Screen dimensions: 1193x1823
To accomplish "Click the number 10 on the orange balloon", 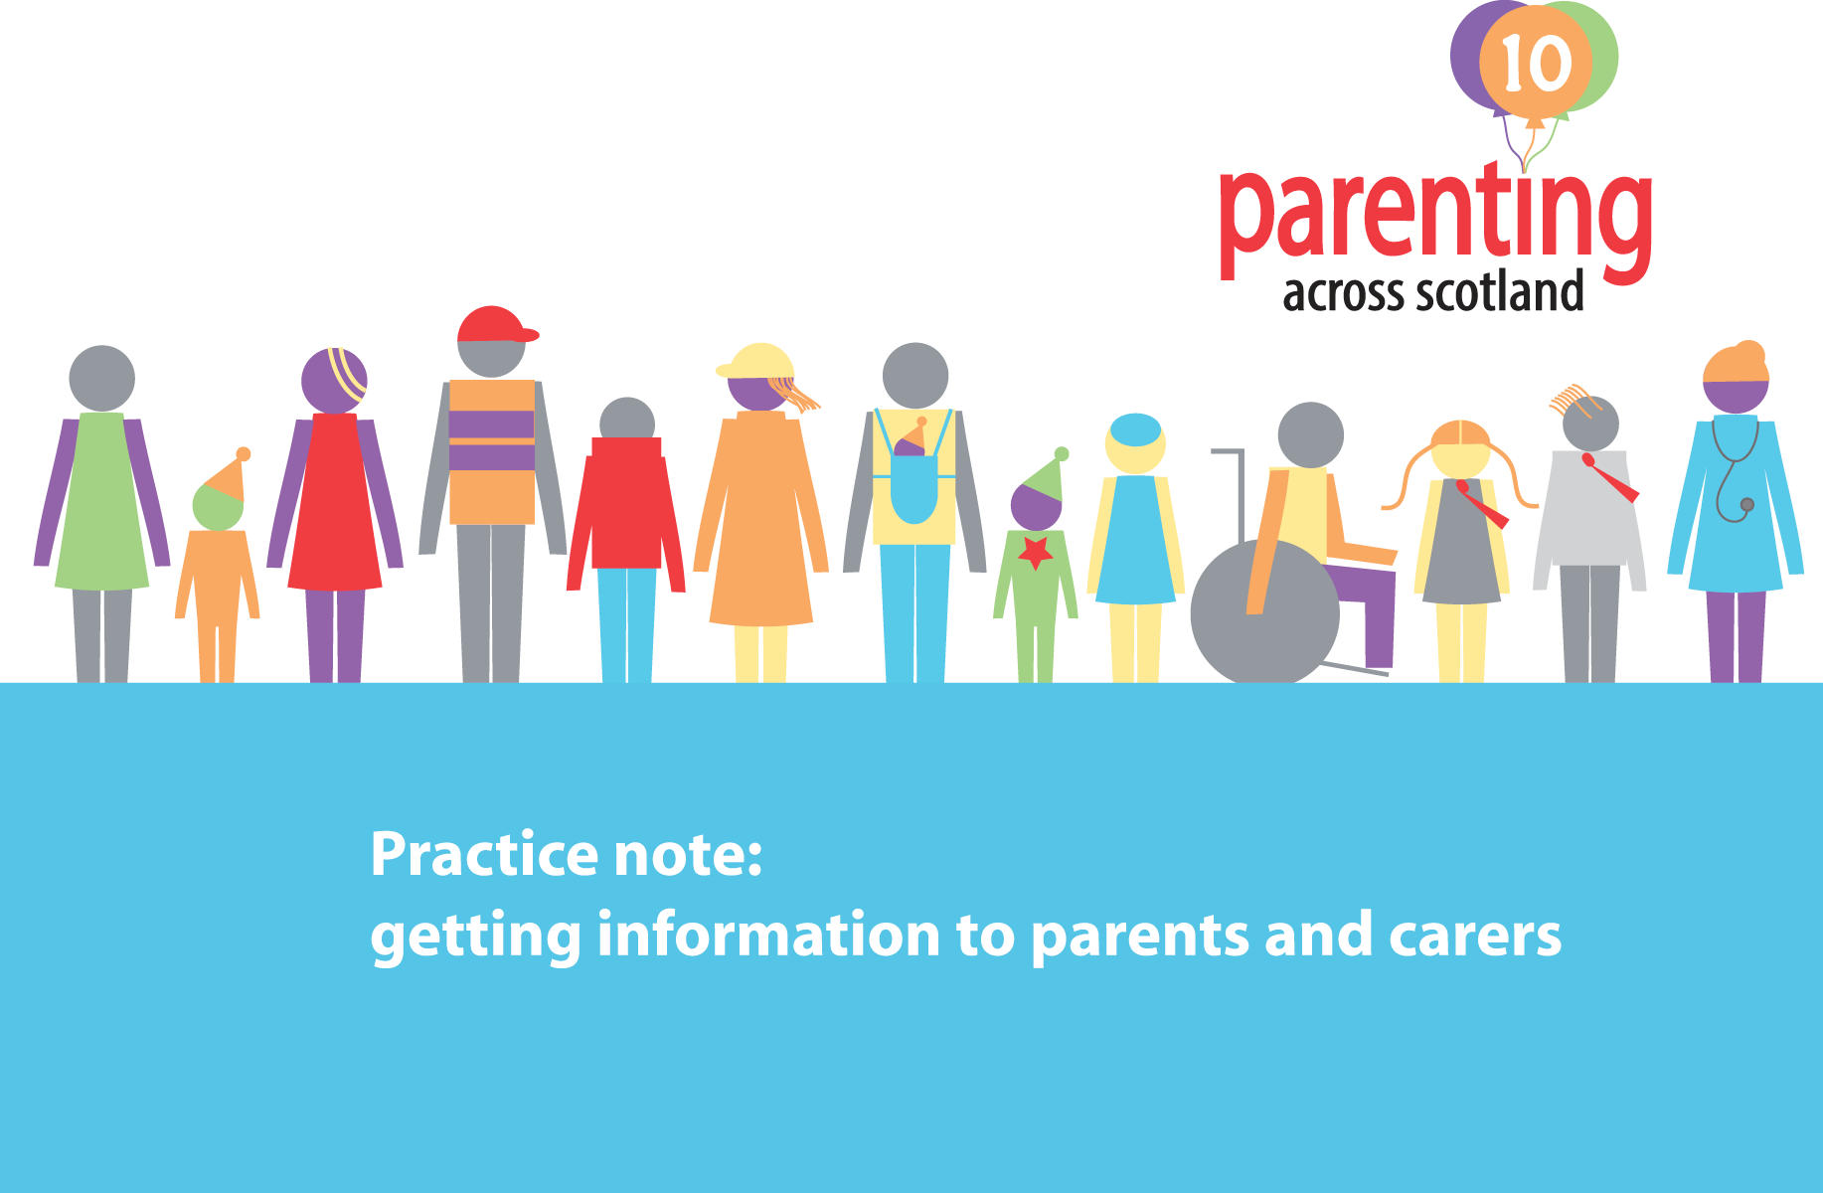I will [1537, 64].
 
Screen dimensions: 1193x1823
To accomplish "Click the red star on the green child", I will [1036, 552].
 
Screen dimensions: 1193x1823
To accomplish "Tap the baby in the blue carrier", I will [911, 443].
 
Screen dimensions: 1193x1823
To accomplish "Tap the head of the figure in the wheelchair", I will [1310, 434].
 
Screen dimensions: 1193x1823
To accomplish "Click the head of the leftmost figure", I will [101, 378].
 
